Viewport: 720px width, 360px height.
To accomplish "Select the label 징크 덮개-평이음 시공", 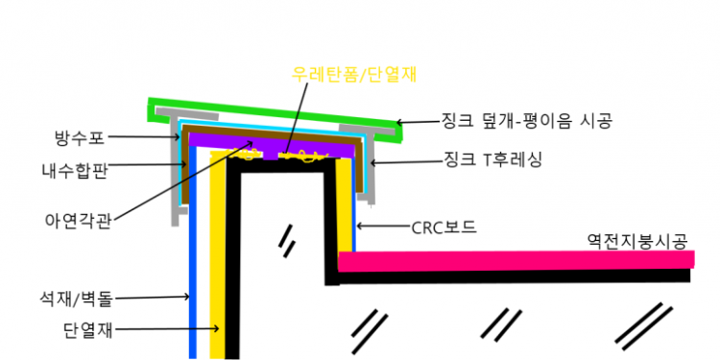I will pos(526,121).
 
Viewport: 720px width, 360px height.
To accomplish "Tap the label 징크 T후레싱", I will pos(493,160).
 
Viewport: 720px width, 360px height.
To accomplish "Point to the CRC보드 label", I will pos(444,228).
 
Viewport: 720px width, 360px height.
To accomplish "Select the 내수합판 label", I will pos(77,171).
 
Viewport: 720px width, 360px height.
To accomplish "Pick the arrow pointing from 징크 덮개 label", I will pos(420,122).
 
